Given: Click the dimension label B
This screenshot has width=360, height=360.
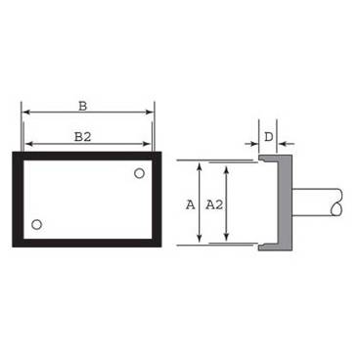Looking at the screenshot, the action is tap(83, 107).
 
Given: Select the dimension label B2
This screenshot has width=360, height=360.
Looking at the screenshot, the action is tap(83, 137).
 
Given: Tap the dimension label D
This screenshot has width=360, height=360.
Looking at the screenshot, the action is tap(268, 137).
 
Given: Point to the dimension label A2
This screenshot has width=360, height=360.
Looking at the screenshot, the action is tap(214, 204).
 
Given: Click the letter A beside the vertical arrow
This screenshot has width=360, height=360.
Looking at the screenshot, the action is tap(191, 204).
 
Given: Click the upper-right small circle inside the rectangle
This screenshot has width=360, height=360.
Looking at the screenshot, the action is tap(139, 173).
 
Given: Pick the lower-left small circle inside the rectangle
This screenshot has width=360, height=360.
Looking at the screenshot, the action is tap(37, 224).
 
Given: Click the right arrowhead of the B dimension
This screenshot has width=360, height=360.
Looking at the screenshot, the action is tap(150, 112).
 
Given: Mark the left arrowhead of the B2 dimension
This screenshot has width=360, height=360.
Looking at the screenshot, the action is tap(29, 144).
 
